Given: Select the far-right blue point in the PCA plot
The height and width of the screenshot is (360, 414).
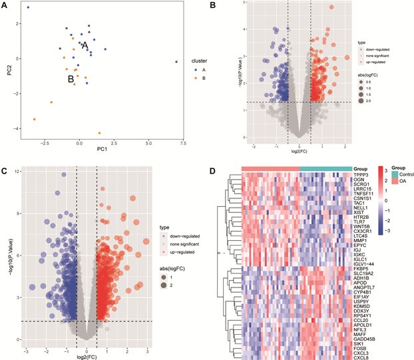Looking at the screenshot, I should [x=176, y=62].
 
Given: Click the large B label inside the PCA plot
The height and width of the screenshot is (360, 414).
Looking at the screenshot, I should [x=71, y=79].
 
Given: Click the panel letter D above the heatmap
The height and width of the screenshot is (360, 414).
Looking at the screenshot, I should [x=212, y=171].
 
